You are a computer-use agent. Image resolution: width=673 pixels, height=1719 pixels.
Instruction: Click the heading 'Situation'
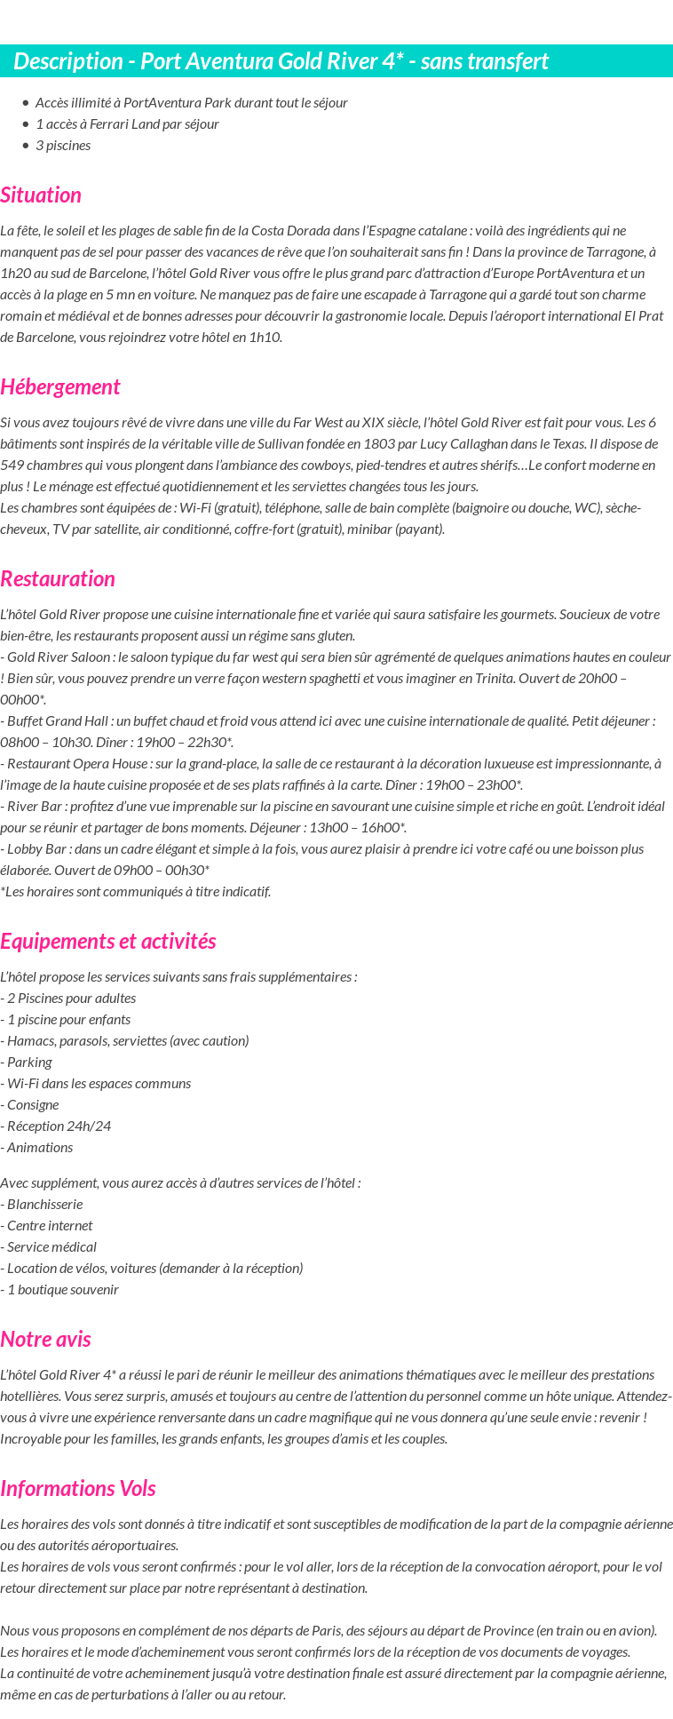pos(41,195)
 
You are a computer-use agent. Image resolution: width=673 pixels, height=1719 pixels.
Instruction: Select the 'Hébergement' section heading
pos(59,386)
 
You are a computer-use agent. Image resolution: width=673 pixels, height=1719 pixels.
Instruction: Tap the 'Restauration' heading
pos(58,578)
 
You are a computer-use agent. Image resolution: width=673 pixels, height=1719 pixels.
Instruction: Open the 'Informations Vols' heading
pos(78,1488)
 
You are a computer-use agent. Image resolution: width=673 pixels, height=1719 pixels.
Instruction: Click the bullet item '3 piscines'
pos(62,145)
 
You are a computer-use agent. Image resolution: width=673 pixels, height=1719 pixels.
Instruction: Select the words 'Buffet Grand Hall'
pos(55,720)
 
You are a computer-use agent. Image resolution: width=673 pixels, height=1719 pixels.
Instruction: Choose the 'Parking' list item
pos(29,1062)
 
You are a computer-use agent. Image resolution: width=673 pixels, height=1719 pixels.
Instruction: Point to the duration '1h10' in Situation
pos(263,337)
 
